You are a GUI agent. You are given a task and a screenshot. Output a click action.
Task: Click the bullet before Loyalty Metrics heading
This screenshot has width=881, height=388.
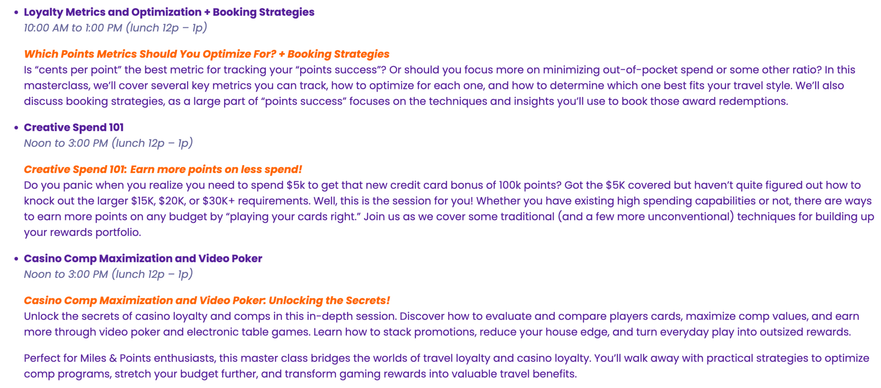[16, 12]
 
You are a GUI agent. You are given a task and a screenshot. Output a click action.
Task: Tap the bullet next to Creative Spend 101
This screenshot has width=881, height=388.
[16, 128]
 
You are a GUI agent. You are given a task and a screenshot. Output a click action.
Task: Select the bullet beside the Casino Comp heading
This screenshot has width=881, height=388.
[16, 259]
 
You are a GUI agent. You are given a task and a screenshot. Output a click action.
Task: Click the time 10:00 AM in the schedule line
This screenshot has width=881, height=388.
[46, 28]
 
